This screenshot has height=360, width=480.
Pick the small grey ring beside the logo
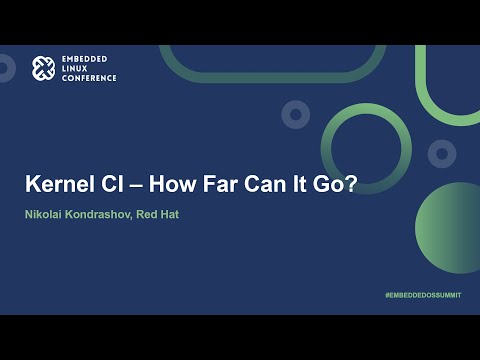[x=6, y=69]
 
